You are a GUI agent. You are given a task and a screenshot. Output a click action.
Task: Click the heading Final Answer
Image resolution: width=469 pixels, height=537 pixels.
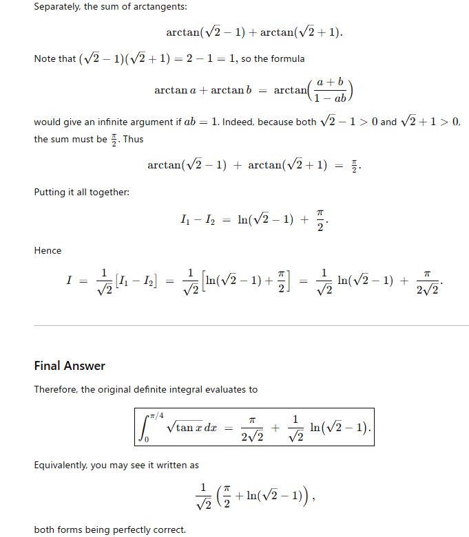(x=70, y=365)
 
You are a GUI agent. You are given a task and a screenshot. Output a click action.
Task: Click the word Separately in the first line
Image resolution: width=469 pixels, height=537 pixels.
(x=59, y=7)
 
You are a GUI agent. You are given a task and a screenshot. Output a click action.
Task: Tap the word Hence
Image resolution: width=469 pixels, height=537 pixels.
(x=48, y=250)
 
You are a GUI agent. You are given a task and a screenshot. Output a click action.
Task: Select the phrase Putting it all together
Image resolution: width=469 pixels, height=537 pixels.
(x=81, y=192)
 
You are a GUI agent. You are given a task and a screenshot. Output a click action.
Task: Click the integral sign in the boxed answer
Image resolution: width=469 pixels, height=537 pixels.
(x=145, y=427)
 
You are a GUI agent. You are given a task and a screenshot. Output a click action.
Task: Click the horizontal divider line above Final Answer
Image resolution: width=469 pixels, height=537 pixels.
(x=251, y=325)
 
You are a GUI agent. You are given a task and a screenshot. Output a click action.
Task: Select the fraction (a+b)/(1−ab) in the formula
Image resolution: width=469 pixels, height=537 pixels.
(x=331, y=91)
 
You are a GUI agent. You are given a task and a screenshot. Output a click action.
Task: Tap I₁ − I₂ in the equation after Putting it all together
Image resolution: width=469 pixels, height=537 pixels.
(x=196, y=220)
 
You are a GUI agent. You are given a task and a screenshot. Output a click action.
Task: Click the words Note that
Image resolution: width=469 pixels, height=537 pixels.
(x=55, y=58)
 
